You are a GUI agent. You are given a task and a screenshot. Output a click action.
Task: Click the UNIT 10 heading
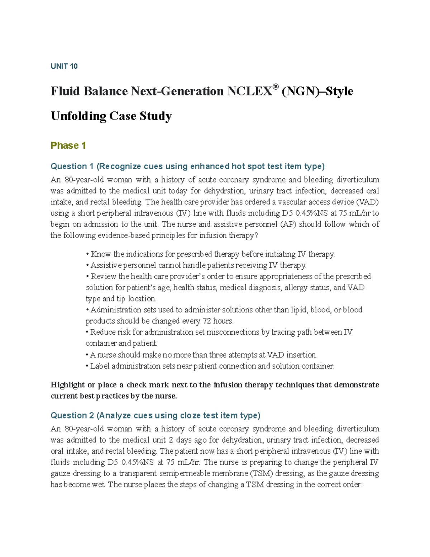pos(64,66)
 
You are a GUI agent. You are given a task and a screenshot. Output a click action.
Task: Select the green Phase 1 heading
pos(68,146)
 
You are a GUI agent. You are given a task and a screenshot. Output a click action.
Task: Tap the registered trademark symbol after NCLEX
pos(275,87)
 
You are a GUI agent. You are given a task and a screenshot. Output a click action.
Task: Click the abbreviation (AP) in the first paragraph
pos(288,225)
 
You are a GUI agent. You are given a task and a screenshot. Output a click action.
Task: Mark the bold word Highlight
pos(67,385)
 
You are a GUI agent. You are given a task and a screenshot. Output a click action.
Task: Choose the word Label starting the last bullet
pos(100,366)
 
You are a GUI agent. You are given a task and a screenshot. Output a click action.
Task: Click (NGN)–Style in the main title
pos(317,91)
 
